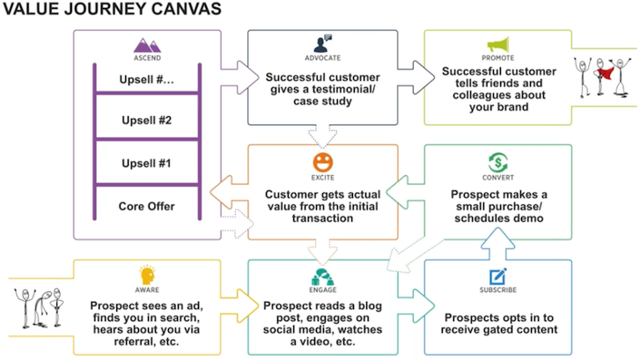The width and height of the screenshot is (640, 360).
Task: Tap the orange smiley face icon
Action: [322, 160]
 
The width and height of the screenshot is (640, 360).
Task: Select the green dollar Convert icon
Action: [499, 161]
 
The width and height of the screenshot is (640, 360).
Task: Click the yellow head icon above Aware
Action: [147, 276]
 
